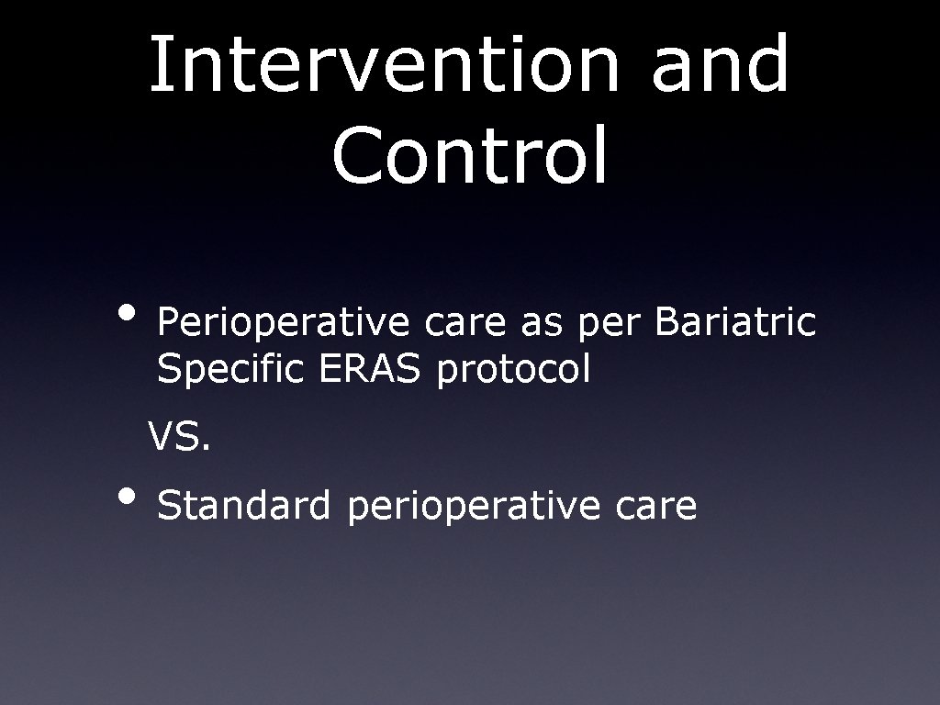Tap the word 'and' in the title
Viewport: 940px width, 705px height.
click(x=721, y=64)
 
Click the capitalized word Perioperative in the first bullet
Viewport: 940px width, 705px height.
click(x=284, y=323)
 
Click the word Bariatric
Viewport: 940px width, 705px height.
click(x=736, y=322)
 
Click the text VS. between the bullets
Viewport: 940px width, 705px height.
click(x=180, y=439)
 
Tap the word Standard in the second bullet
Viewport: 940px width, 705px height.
click(x=243, y=506)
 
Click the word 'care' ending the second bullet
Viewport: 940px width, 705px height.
click(x=655, y=507)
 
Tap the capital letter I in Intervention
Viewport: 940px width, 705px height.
click(x=156, y=64)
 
